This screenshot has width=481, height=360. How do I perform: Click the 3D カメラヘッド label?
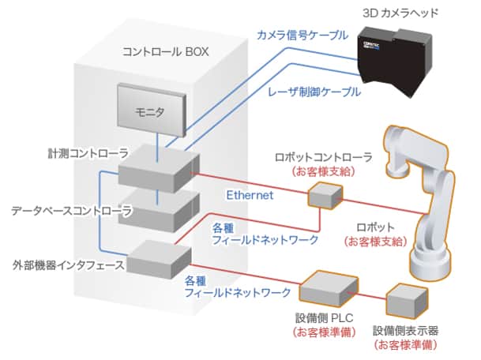(x=400, y=13)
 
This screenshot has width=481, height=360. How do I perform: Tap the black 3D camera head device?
(x=396, y=62)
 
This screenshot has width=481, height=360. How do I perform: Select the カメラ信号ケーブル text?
(x=303, y=35)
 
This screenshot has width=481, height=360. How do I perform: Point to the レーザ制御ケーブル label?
(x=314, y=92)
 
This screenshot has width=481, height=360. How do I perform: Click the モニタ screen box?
(x=152, y=110)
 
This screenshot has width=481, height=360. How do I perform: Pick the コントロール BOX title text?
(x=166, y=51)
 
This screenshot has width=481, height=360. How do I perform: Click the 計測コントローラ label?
(x=88, y=153)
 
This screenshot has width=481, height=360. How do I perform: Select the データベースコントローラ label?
(x=71, y=211)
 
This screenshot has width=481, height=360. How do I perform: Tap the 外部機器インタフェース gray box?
(x=160, y=259)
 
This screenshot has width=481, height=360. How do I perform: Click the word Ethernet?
(x=250, y=195)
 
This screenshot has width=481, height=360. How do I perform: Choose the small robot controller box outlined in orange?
(x=325, y=196)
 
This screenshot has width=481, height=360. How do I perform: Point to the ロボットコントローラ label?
(x=324, y=157)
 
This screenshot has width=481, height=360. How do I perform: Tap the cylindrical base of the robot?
(x=431, y=264)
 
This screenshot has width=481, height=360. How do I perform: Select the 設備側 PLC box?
(x=329, y=289)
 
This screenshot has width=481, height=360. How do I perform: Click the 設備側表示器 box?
(x=407, y=302)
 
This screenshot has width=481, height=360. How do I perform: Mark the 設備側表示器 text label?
(x=405, y=331)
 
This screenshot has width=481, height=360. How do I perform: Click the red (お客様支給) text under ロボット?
(x=376, y=242)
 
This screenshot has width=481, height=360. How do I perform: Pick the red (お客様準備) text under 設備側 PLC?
(x=324, y=332)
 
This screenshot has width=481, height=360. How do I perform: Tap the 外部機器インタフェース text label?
(x=68, y=265)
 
